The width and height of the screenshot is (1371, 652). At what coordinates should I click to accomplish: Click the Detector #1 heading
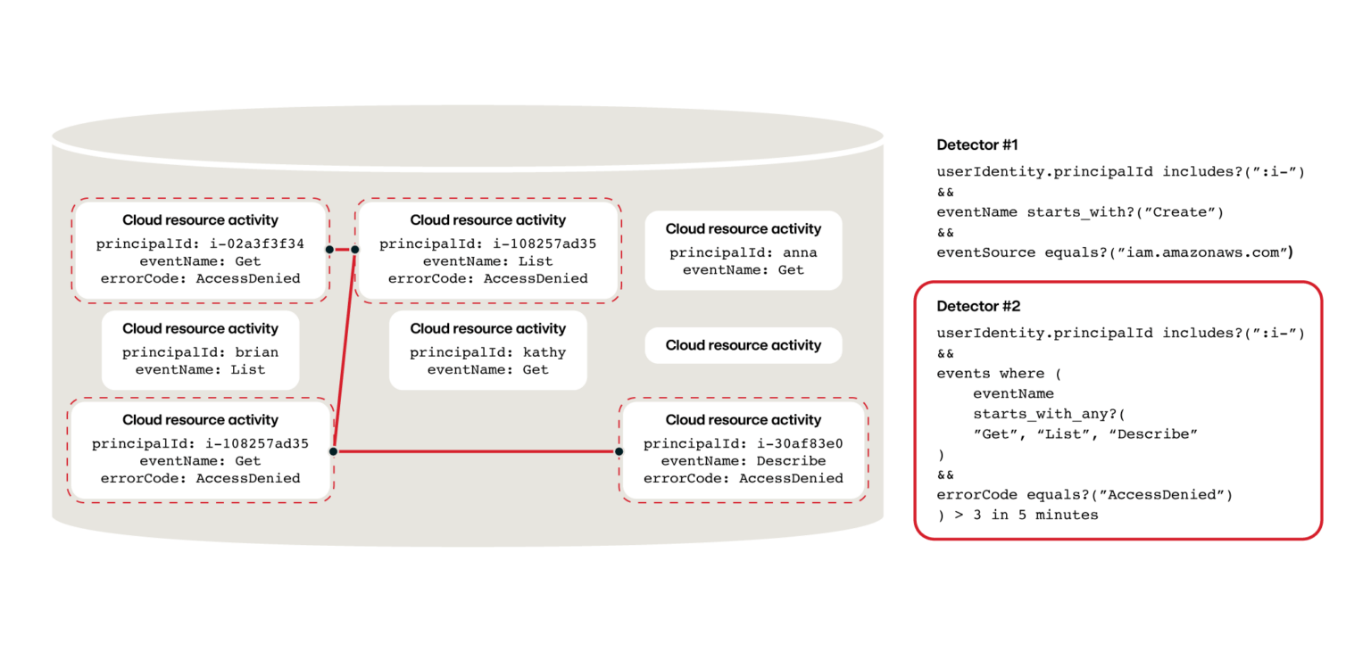(977, 144)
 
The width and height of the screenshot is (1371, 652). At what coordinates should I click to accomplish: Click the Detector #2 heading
(978, 306)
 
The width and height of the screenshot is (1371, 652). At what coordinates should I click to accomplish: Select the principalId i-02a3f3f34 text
(200, 243)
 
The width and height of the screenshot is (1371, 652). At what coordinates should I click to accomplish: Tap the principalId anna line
(743, 252)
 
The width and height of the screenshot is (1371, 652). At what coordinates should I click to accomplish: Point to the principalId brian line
(200, 352)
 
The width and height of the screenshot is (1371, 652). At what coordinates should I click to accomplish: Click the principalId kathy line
(487, 352)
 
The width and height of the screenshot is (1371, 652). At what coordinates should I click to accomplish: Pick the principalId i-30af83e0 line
(743, 443)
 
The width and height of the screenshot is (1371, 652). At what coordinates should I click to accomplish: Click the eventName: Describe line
(743, 461)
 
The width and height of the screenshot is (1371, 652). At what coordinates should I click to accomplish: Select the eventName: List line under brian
(200, 369)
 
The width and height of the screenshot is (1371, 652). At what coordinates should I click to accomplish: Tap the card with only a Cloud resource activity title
(743, 345)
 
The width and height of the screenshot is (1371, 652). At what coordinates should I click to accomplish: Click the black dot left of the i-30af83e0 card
(619, 451)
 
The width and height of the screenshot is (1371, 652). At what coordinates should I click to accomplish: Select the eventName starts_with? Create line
(1080, 212)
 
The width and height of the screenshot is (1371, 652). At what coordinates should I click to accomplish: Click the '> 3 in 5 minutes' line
(1018, 515)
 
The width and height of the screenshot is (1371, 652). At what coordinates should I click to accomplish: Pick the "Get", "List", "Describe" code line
(1084, 434)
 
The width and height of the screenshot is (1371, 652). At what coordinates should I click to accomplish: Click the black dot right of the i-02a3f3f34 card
(329, 249)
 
